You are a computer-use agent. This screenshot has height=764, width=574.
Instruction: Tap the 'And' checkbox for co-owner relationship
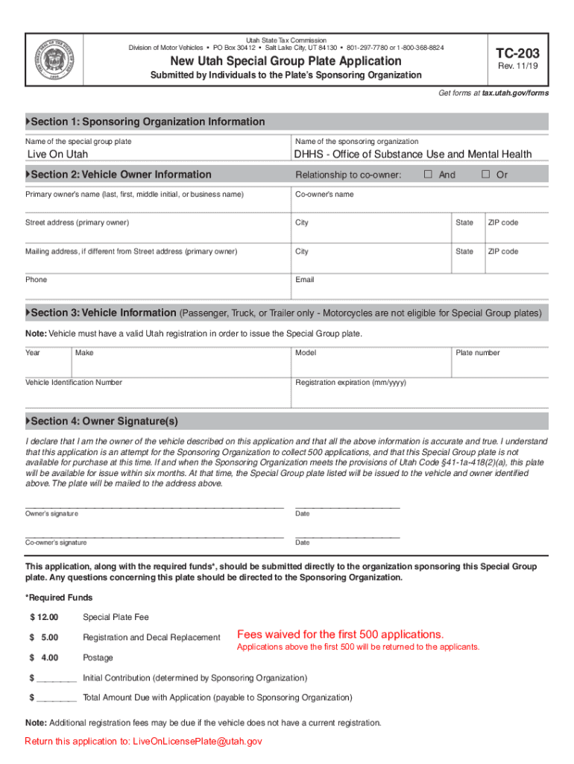point(429,175)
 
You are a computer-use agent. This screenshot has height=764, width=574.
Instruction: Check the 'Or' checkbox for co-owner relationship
point(485,175)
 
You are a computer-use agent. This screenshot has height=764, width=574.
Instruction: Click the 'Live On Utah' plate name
point(57,154)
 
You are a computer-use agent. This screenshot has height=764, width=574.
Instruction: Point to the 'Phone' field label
point(36,280)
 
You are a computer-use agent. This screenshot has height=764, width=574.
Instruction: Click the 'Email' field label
point(305,280)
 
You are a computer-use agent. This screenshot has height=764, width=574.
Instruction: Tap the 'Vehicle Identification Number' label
point(74,382)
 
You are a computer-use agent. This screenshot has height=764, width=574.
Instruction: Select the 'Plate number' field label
point(478,353)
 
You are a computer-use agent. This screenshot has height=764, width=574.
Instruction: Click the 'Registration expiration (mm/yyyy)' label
point(350,382)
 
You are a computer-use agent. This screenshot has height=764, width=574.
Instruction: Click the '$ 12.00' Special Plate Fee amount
point(44,617)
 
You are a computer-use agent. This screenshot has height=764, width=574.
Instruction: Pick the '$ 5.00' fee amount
point(44,637)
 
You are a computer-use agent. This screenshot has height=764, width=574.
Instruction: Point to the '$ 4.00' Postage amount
point(44,657)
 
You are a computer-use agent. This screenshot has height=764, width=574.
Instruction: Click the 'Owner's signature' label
point(51,514)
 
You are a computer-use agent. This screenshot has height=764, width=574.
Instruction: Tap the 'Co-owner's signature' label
point(56,542)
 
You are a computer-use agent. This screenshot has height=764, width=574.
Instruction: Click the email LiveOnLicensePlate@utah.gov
point(198,742)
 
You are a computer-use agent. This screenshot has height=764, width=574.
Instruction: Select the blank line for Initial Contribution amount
point(57,678)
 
